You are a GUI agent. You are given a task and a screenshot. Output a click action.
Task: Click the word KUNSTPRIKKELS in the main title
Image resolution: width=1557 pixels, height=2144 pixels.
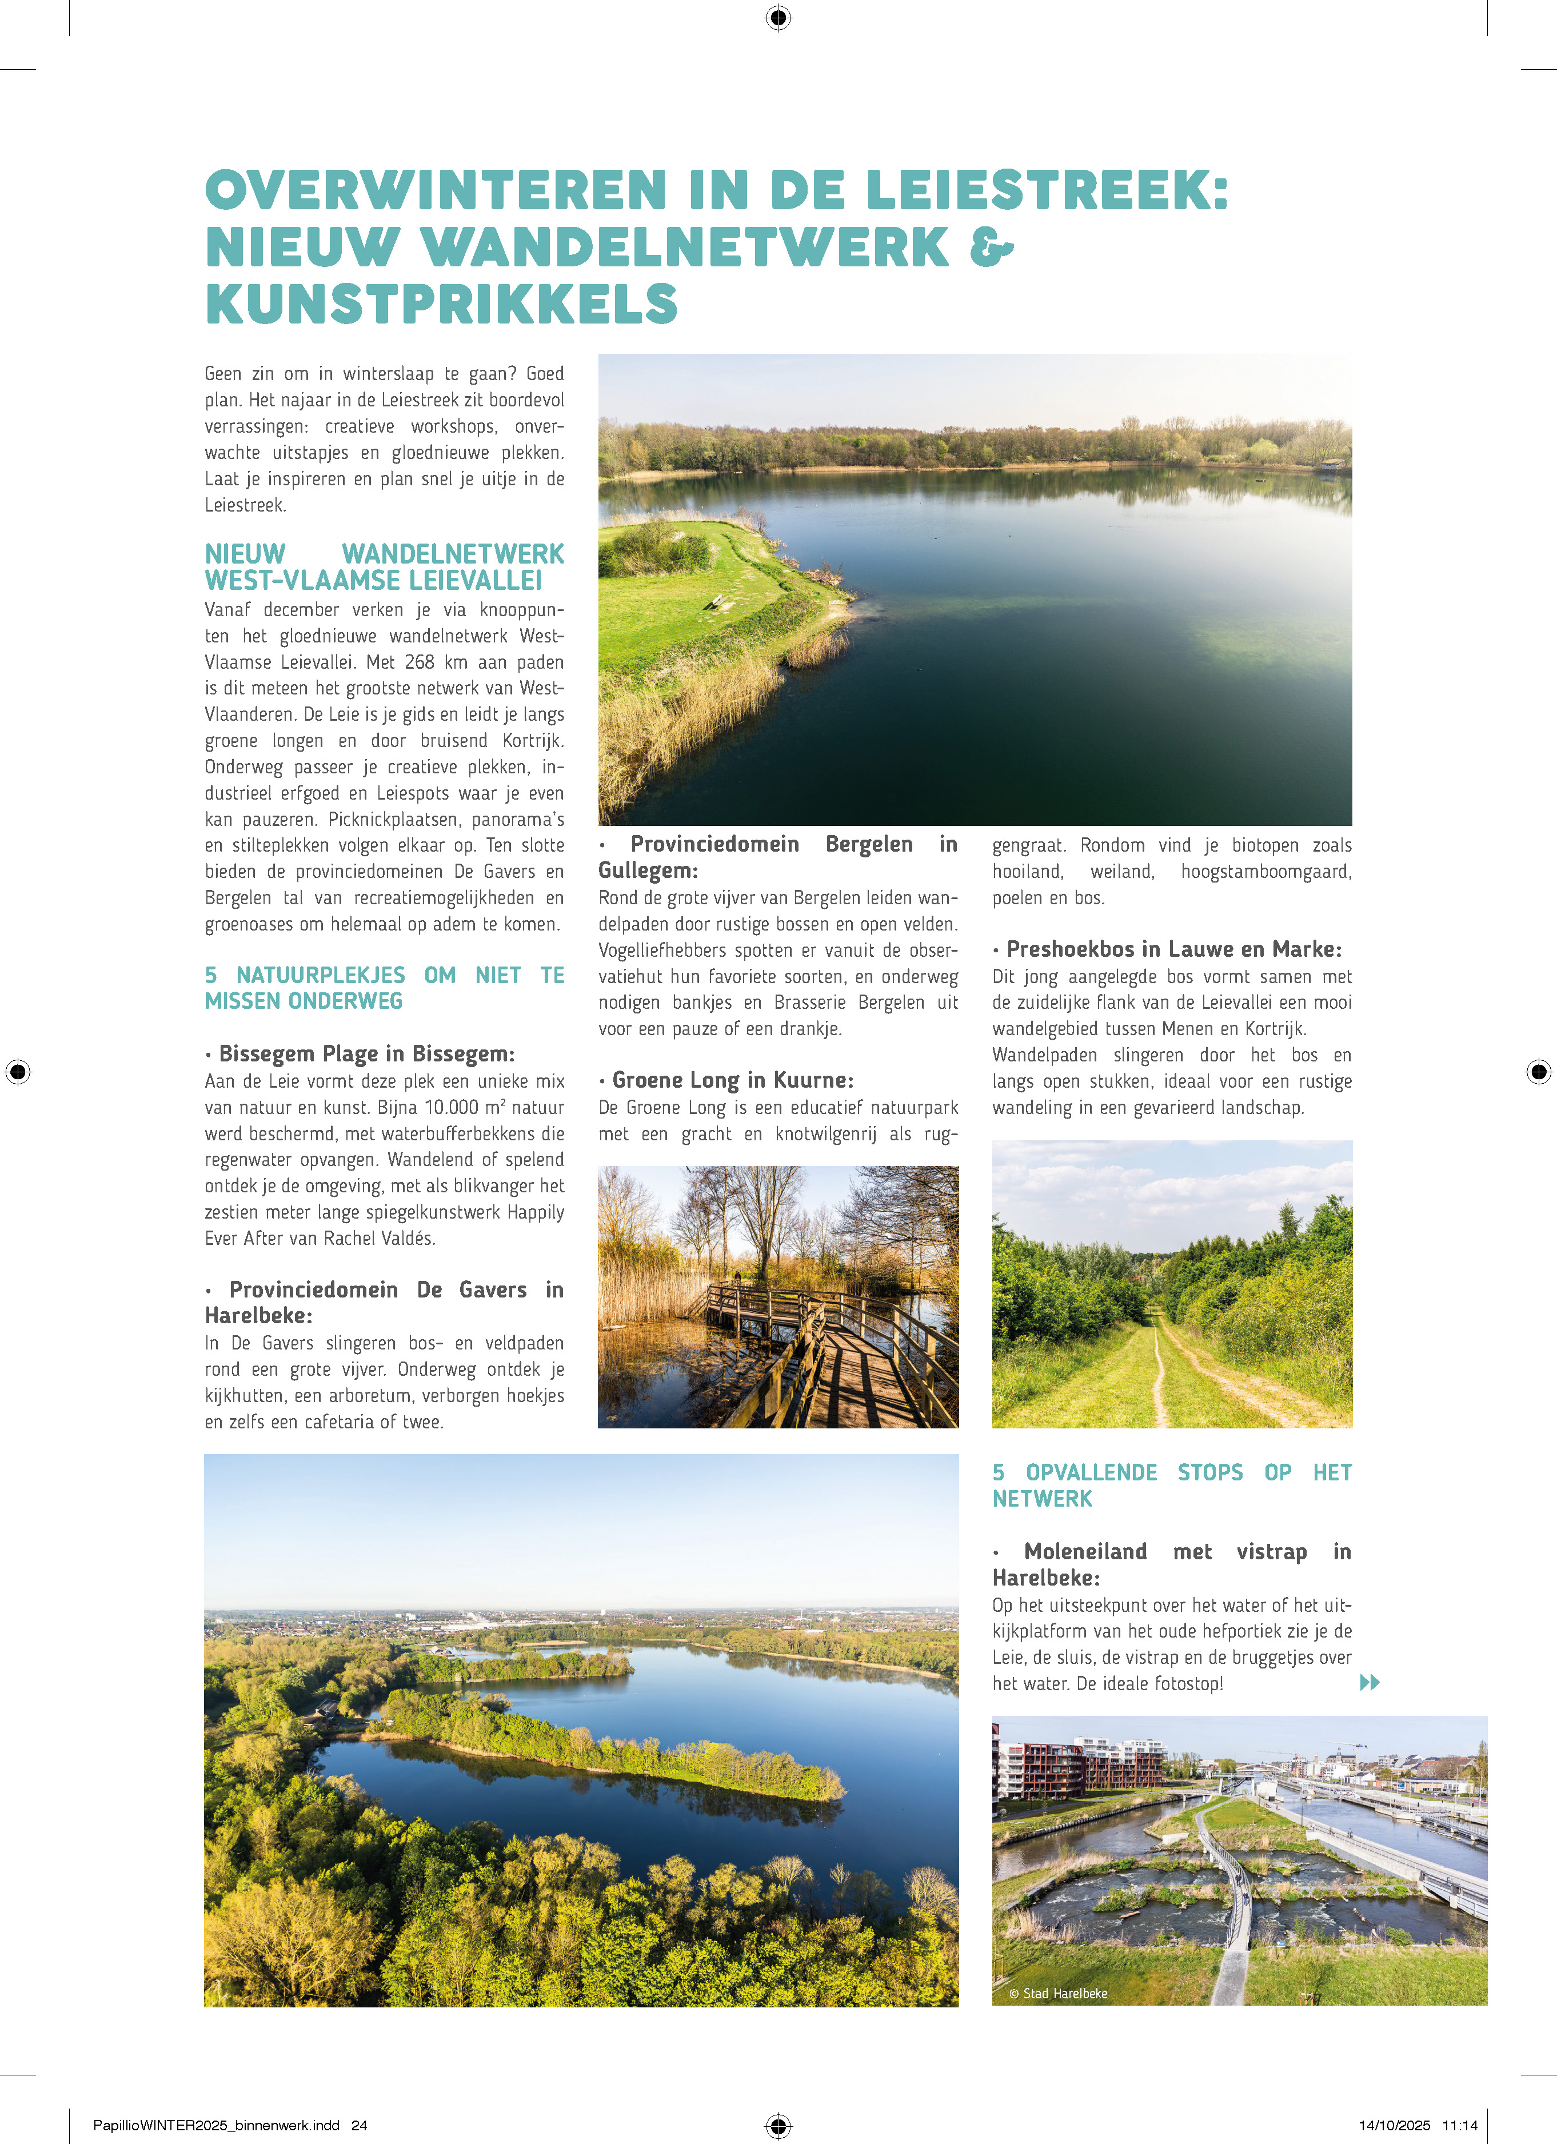pos(441,305)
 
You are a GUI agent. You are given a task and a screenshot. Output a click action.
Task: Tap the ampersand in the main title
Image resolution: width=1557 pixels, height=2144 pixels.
pos(991,247)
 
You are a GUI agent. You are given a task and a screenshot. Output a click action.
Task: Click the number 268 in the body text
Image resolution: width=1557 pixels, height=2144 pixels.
pos(419,662)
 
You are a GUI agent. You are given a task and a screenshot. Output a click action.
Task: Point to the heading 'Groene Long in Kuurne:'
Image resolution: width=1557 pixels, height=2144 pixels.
pos(732,1080)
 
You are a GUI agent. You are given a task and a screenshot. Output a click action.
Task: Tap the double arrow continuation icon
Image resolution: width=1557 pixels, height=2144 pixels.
pos(1369,1682)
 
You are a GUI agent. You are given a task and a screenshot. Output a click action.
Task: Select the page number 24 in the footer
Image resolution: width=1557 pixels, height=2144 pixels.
pos(359,2125)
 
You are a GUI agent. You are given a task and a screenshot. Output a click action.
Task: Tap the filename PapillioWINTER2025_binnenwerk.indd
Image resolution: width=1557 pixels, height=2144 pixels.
pos(215,2125)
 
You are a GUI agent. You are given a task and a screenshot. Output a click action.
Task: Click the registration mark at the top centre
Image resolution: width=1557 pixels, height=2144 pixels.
pos(778,17)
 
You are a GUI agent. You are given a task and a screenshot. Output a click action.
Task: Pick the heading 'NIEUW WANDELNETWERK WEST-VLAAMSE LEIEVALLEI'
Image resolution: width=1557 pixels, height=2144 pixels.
pos(384,566)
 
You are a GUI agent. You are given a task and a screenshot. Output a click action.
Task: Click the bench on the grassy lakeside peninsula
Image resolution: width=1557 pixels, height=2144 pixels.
pos(718,601)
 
